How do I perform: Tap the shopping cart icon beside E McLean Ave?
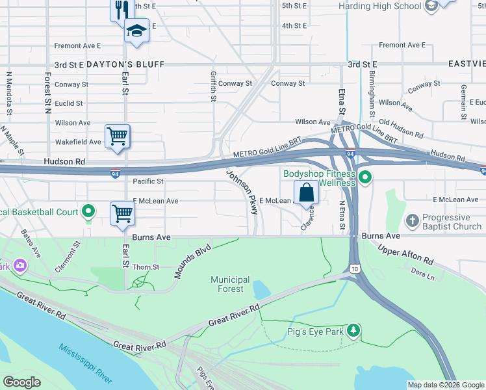(122, 213)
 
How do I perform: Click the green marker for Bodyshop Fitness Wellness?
(365, 177)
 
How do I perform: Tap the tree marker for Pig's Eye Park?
(353, 330)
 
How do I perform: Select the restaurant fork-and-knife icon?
(119, 9)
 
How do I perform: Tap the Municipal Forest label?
(230, 284)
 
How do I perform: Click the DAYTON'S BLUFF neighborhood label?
(124, 64)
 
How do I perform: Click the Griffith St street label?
(213, 87)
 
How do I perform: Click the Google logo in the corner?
(21, 382)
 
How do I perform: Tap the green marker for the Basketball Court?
(89, 212)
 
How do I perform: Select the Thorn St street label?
(146, 267)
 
